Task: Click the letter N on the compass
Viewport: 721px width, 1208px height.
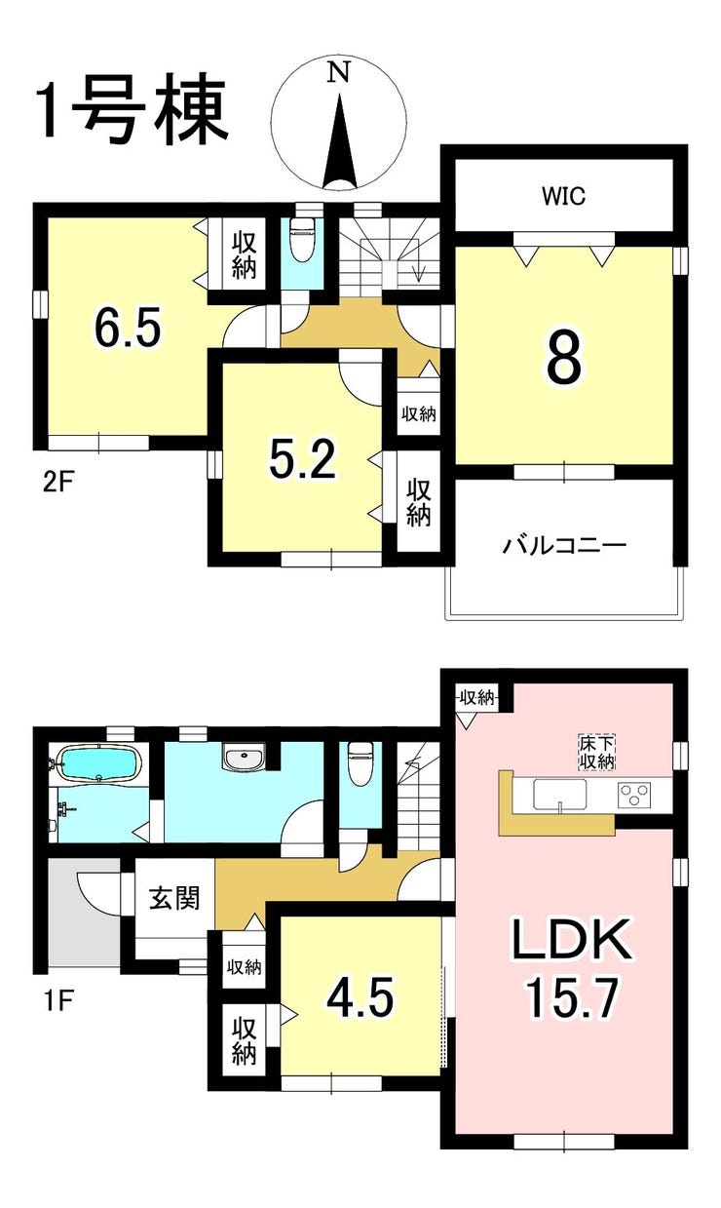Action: coord(339,72)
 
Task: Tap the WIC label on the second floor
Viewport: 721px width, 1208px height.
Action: coord(564,196)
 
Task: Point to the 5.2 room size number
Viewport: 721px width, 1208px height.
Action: coord(303,460)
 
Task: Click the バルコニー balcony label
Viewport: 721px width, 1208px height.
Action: coord(564,545)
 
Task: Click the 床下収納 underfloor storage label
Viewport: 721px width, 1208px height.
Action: coord(597,753)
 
